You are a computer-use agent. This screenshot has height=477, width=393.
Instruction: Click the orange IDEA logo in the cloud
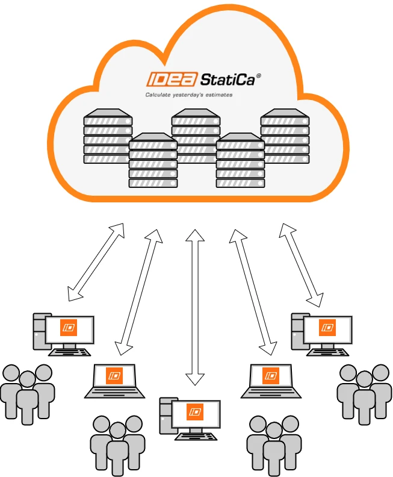tap(172, 79)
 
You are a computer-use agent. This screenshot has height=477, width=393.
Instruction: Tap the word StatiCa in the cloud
tap(227, 79)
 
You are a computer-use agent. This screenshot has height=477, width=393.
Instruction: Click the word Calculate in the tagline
tap(158, 95)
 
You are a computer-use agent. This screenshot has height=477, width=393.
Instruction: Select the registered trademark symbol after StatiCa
tap(258, 76)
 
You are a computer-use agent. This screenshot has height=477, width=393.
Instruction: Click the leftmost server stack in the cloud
tap(108, 136)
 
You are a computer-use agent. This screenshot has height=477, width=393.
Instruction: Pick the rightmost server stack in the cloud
tap(285, 136)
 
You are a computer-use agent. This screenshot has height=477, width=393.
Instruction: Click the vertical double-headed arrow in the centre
tap(195, 307)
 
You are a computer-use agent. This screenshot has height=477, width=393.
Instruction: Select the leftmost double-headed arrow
tap(96, 262)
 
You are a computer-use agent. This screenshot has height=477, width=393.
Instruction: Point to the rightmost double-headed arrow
tap(301, 264)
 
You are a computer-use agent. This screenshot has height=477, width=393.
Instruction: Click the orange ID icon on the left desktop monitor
tap(69, 328)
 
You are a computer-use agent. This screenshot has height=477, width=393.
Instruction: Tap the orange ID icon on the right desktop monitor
tap(327, 328)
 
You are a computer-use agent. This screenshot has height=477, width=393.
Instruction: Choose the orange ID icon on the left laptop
tap(114, 375)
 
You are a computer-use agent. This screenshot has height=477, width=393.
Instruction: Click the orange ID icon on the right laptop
tap(270, 375)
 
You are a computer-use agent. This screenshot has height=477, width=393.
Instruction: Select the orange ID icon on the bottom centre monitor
tap(195, 412)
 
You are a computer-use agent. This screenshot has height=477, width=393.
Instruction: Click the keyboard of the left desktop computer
tap(70, 352)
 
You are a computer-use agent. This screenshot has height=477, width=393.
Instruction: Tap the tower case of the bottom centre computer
tap(166, 415)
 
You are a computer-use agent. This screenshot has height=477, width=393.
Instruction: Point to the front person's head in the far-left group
tap(27, 379)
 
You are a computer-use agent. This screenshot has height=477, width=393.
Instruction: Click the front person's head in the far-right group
tap(364, 379)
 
